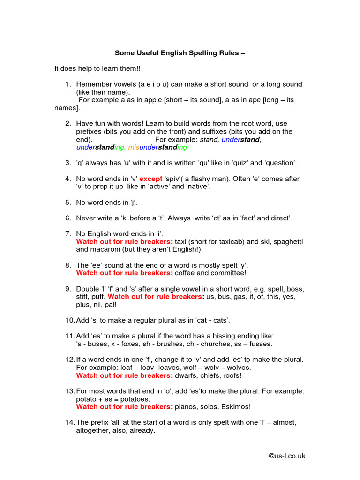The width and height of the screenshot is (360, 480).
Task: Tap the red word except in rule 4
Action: pos(151,179)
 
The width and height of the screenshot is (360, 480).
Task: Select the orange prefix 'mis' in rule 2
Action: pos(134,147)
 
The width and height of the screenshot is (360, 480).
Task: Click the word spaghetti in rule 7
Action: pos(287,241)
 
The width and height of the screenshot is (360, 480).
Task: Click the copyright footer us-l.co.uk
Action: pos(286,456)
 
